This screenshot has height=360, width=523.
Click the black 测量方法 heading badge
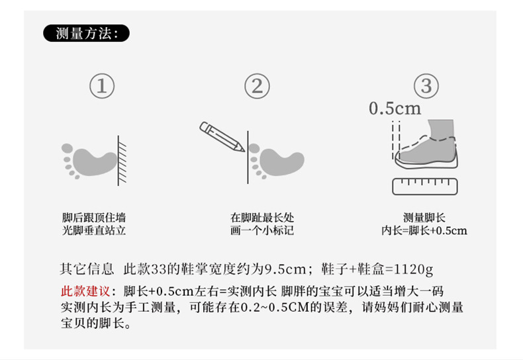coord(86,33)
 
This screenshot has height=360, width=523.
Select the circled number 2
coord(258,86)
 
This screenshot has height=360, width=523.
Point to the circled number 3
coord(426,86)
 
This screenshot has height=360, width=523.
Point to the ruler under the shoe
coord(426,185)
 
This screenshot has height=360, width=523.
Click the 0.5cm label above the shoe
coord(395,109)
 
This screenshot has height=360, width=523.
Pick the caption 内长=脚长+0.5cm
coord(424,231)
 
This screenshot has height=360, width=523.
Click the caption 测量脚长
coord(424,218)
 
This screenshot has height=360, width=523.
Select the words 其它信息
coord(81,269)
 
